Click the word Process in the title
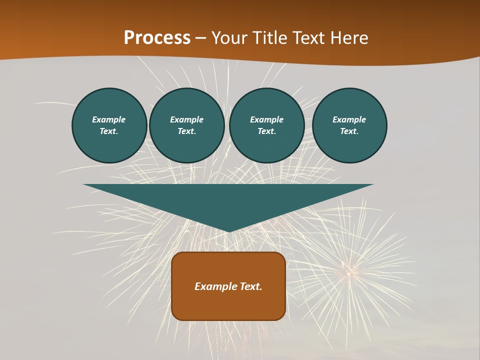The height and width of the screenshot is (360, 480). (157, 38)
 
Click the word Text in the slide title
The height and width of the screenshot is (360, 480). (309, 38)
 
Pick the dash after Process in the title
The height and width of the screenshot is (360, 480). (200, 38)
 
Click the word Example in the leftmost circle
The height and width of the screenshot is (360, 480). (109, 119)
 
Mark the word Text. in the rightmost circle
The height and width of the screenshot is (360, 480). (349, 131)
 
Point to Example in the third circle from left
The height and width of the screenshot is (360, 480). (266, 119)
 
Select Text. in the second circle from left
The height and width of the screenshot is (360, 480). (186, 131)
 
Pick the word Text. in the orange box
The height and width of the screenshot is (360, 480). (251, 286)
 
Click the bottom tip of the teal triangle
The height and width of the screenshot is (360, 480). (228, 230)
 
